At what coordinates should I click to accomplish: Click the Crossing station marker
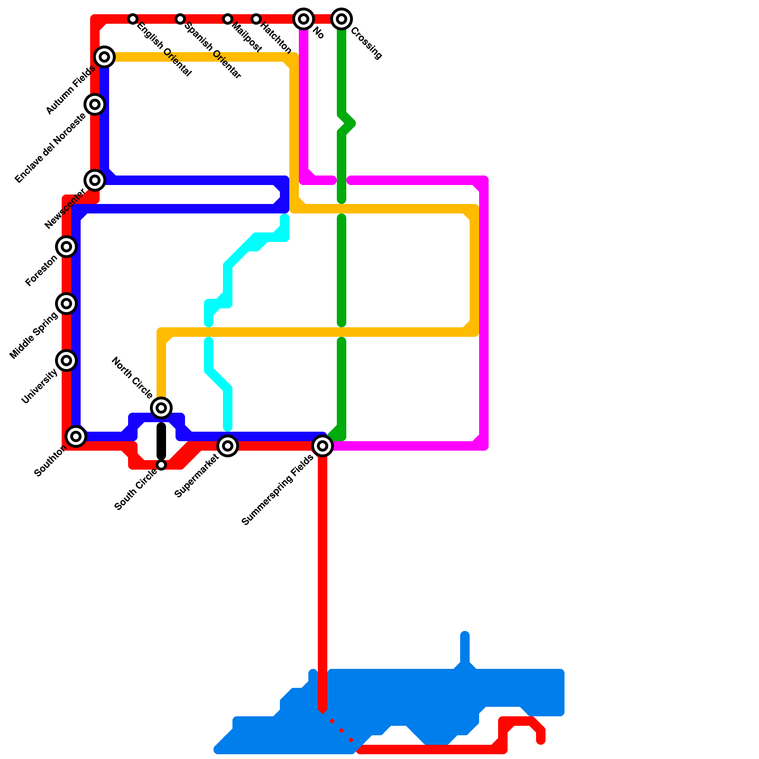coord(342,19)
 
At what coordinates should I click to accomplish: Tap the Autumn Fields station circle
coord(104,57)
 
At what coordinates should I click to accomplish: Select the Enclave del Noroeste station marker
coord(95,104)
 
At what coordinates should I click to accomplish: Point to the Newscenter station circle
coord(95,180)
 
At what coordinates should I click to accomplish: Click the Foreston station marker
coord(66,247)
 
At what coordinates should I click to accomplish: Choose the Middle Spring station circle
coord(66,304)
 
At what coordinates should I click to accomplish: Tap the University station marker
coord(66,361)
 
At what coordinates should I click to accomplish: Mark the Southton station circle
coord(76,436)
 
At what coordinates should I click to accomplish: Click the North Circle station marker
coord(161,407)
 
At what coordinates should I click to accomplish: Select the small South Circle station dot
coord(161,465)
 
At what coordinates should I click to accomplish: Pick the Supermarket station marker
coord(228,446)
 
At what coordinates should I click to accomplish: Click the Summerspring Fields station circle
coord(323,446)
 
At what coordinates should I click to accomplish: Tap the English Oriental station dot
coord(133,19)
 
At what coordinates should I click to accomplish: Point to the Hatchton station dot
coord(256,19)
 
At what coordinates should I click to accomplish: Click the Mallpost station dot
coord(228,19)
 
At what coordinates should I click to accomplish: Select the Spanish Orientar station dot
coord(180,19)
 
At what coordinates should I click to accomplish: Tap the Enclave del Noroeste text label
coord(51,148)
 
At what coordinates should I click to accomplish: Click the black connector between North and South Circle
coord(161,441)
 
